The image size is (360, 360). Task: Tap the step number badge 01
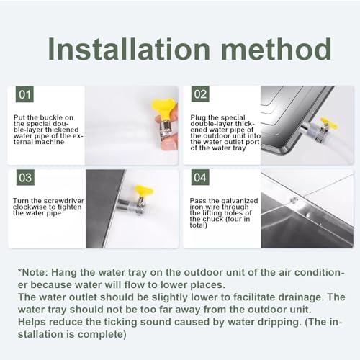coord(25,95)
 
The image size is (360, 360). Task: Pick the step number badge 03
coord(25,178)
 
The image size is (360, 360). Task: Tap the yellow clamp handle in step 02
coord(328,123)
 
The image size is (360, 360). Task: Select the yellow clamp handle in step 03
coord(143,191)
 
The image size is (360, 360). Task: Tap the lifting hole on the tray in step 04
coord(294,200)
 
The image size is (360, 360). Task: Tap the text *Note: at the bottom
coord(36,271)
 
